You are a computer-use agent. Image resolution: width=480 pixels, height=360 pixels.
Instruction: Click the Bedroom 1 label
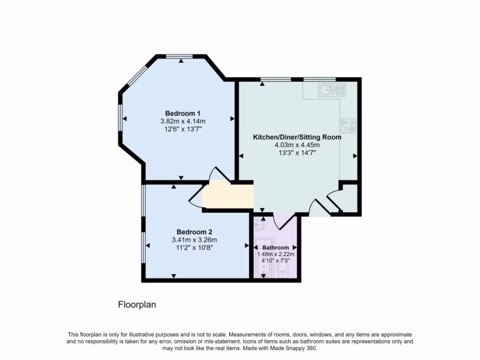tap(183, 113)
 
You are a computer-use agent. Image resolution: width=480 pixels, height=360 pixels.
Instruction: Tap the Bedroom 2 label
tap(194, 232)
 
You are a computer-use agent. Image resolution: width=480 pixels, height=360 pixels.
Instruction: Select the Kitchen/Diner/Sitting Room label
tap(297, 137)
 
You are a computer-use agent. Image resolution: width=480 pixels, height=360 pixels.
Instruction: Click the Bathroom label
tap(276, 247)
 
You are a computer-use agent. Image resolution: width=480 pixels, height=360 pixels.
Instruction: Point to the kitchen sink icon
tap(332, 89)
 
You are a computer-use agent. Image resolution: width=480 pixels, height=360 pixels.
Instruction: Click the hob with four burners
tap(348, 125)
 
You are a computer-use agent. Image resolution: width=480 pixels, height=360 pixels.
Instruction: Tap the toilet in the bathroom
tap(283, 269)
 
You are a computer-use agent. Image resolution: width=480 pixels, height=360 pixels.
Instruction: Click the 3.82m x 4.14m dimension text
tap(183, 121)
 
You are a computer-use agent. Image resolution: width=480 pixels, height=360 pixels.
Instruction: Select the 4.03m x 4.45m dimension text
tap(297, 145)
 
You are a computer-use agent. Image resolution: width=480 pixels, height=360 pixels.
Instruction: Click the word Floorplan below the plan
tap(136, 305)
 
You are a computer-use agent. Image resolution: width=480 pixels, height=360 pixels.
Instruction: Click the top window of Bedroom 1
tap(180, 57)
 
